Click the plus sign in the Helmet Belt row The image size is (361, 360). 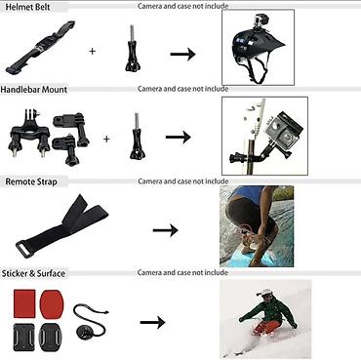(93, 50)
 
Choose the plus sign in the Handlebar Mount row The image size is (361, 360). (106, 138)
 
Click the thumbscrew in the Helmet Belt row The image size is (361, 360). (128, 49)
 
